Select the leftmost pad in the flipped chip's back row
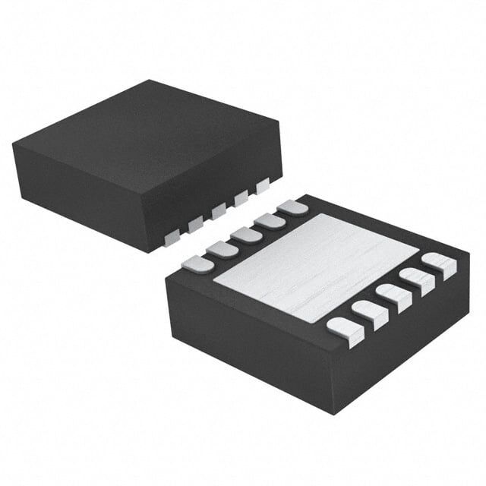[x=197, y=264]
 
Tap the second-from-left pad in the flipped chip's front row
[x=369, y=312]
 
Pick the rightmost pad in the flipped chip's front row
[x=439, y=264]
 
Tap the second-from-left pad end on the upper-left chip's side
[x=195, y=225]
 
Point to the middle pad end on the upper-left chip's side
[x=219, y=210]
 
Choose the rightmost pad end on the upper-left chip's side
[x=264, y=184]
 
